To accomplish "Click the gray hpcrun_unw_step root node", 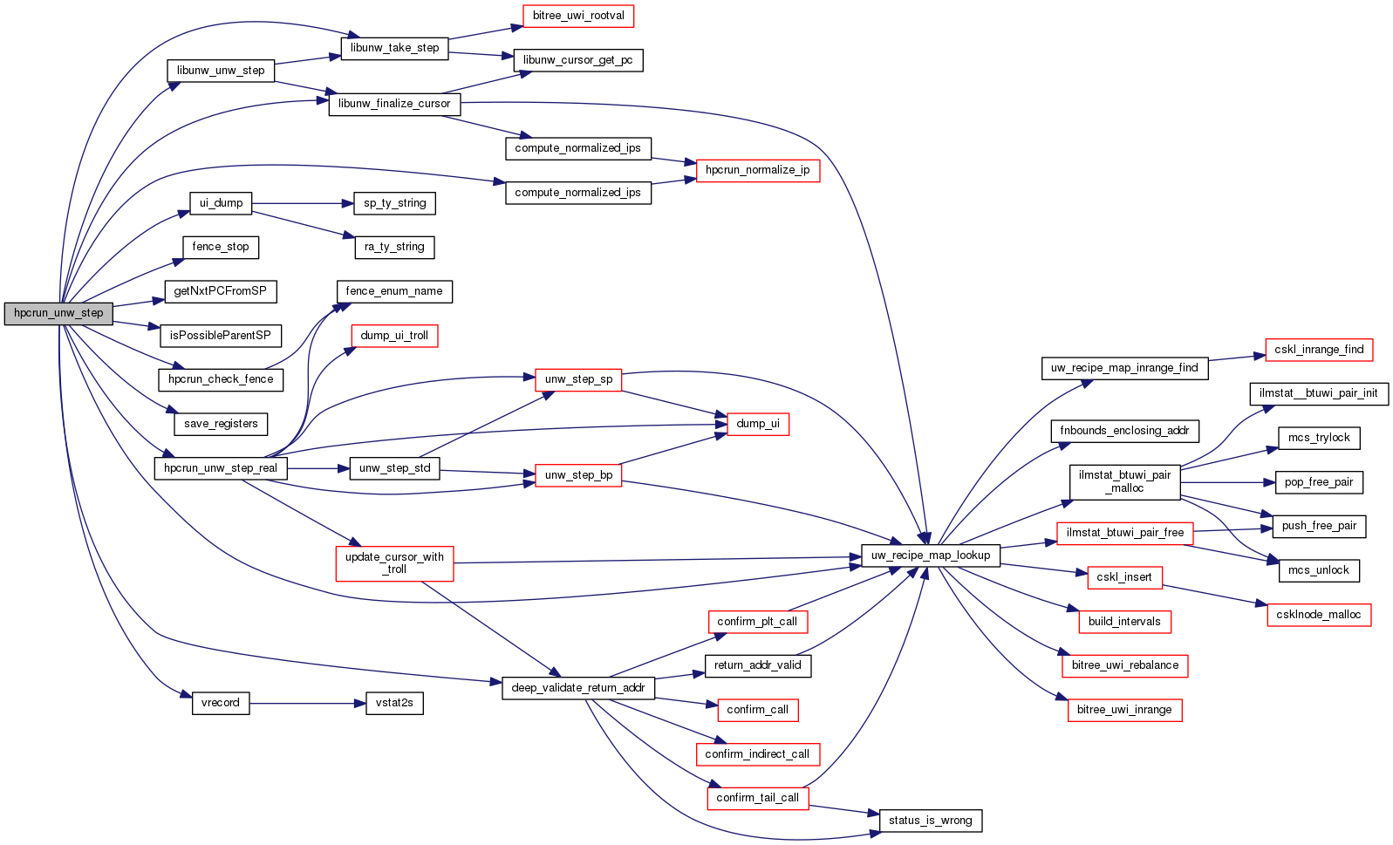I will point(58,313).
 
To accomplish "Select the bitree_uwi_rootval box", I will point(578,16).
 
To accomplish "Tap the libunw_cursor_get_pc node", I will point(578,60).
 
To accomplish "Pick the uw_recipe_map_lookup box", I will point(930,555).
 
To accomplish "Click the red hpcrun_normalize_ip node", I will point(757,170).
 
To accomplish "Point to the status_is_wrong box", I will point(930,821).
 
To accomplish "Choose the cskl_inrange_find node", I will point(1319,350).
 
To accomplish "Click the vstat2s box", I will point(394,703).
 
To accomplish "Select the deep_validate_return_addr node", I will point(577,688).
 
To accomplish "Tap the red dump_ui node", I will point(757,424).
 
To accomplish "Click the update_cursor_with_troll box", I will point(394,563).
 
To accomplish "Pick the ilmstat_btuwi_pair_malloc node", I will point(1124,482).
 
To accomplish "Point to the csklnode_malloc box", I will point(1318,615).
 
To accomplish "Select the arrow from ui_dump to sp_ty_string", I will point(302,204).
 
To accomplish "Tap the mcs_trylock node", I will point(1318,438).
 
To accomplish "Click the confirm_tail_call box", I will point(757,798).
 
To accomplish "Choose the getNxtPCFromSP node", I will point(220,291).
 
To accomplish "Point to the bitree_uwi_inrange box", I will point(1123,710).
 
